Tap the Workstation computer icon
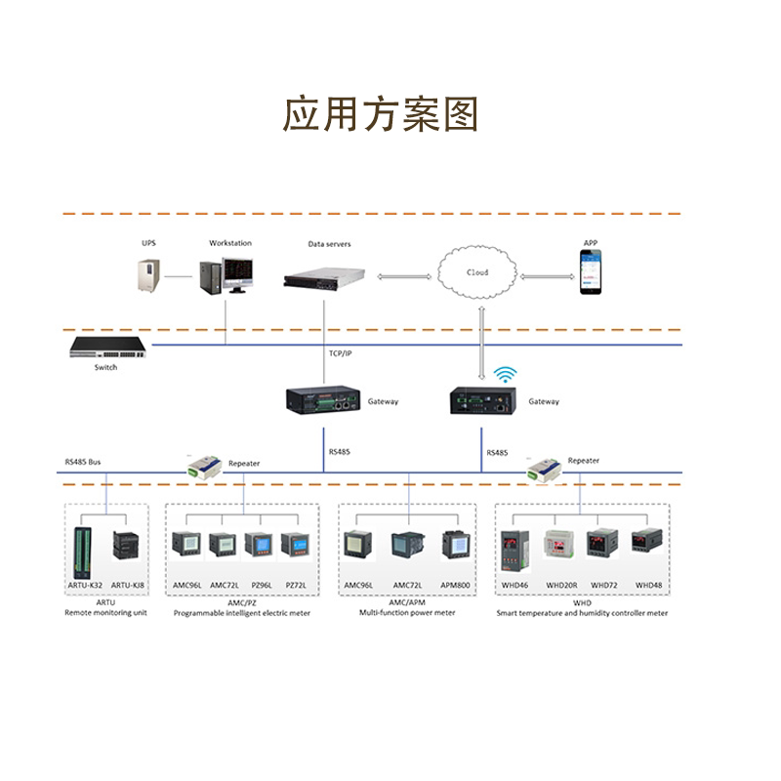pos(227,276)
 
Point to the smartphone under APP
pos(591,273)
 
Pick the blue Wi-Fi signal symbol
pos(505,375)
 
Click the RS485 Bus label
pos(83,461)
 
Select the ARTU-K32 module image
pos(83,552)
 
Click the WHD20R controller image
pos(561,546)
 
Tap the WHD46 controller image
pos(514,552)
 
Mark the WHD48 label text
pos(649,585)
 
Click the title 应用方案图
pos(381,114)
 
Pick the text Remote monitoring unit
pos(105,613)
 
